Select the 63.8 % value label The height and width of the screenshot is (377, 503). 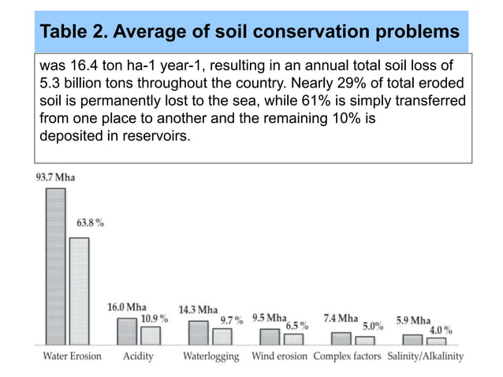pyautogui.click(x=90, y=223)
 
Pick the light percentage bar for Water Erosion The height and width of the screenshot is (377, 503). pyautogui.click(x=79, y=291)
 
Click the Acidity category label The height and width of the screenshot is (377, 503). pyautogui.click(x=138, y=356)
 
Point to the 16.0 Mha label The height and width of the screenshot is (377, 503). pyautogui.click(x=127, y=307)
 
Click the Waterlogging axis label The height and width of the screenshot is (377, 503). pyautogui.click(x=211, y=356)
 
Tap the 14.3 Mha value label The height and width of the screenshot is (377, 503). pyautogui.click(x=198, y=309)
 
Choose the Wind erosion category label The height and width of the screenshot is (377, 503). pyautogui.click(x=279, y=356)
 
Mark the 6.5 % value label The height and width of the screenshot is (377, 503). pyautogui.click(x=296, y=326)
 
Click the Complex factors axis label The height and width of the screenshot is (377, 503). pyautogui.click(x=348, y=356)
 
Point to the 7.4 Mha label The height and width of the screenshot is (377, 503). pyautogui.click(x=341, y=319)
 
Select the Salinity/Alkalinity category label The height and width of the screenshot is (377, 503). pyautogui.click(x=425, y=356)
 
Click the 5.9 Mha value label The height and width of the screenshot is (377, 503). pyautogui.click(x=413, y=320)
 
